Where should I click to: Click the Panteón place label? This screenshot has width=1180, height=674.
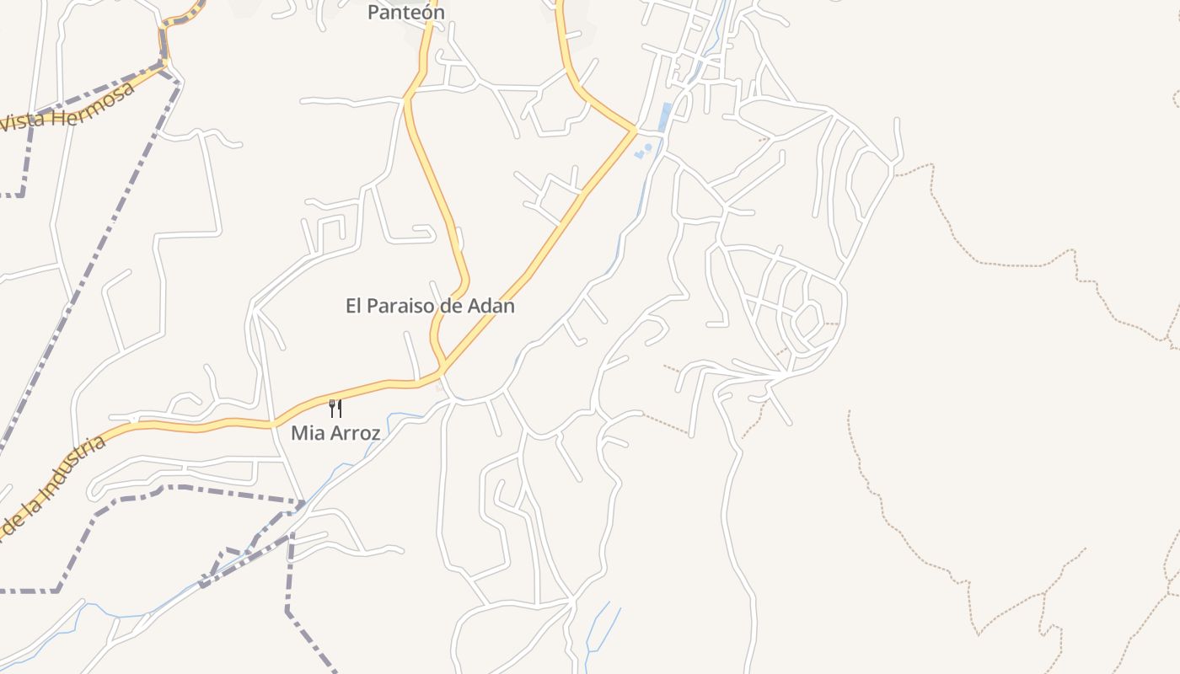405,13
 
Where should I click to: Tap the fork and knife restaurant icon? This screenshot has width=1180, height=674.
335,409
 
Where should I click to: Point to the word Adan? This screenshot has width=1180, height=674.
491,306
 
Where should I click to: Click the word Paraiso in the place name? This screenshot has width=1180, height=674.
407,306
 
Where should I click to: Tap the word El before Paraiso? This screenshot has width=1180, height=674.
354,306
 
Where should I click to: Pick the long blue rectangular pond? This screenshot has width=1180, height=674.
665,117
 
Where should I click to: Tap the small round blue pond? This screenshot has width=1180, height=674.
648,147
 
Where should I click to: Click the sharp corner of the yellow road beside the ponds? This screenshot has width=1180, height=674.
634,131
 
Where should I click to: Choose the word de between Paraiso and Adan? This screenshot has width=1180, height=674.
456,306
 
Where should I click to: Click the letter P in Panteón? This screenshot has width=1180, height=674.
373,13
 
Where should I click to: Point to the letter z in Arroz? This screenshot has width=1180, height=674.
375,434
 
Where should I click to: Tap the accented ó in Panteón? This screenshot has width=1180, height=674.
425,12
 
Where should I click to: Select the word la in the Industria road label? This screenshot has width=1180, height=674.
31,500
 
